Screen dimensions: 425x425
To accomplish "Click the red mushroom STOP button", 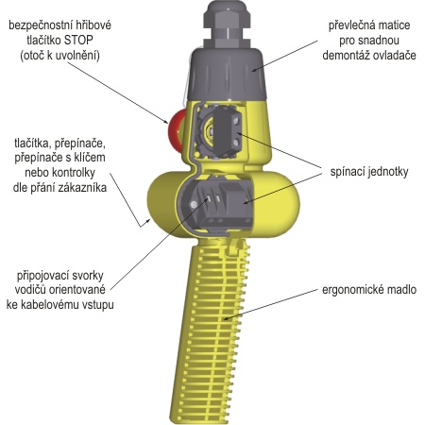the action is click(x=177, y=130).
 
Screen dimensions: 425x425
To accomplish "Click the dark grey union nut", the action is click(x=227, y=73).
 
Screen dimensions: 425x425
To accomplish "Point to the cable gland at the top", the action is click(x=227, y=24).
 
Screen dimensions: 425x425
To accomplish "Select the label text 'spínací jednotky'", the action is click(x=369, y=172).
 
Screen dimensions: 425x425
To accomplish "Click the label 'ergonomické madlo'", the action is click(x=369, y=290).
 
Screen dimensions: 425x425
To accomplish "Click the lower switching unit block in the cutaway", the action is click(x=233, y=206).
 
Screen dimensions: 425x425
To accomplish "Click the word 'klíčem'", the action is click(x=89, y=158).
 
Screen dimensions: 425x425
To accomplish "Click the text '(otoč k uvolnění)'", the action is click(x=59, y=56).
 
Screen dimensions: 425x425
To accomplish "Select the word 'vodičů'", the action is click(x=29, y=290).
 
